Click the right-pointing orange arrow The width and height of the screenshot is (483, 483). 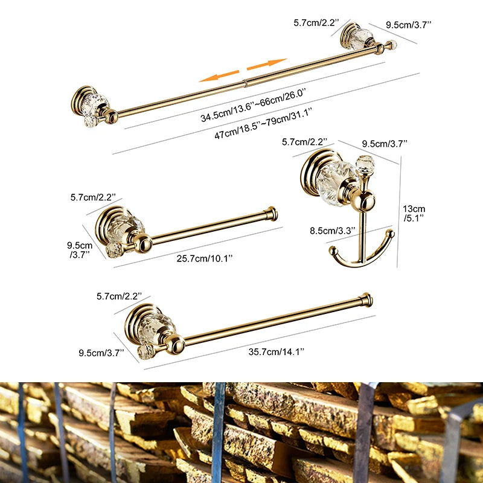(267, 63)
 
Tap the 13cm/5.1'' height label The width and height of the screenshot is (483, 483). (414, 213)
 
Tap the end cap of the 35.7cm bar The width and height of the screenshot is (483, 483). (366, 299)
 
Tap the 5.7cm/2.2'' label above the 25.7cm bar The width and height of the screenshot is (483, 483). (96, 197)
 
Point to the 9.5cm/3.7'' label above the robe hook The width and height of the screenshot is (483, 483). (385, 143)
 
